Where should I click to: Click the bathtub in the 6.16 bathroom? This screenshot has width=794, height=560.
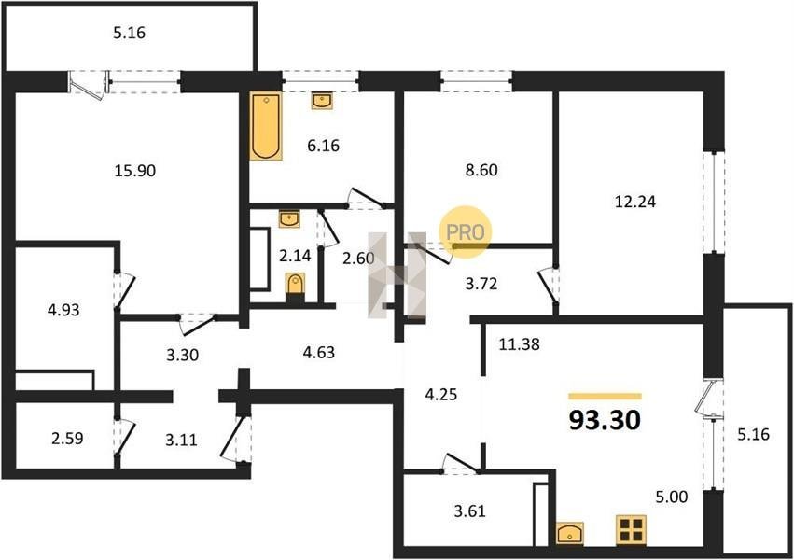coord(266,126)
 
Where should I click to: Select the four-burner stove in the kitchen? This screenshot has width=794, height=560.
coord(631,529)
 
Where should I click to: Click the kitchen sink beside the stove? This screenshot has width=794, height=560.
coord(570,533)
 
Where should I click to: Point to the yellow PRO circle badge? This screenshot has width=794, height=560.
coord(465,232)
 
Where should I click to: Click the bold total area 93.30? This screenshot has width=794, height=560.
coord(605,420)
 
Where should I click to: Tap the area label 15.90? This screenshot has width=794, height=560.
coord(135,171)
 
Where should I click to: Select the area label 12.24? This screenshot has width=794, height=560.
coord(635,202)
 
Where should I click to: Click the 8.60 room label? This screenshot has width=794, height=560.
coord(481,170)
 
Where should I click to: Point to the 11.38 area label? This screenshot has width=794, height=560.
coord(519,344)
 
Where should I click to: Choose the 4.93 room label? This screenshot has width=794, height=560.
coord(63,309)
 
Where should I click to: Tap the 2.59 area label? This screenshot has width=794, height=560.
coord(67,439)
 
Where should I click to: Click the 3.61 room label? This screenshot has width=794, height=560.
coord(469,511)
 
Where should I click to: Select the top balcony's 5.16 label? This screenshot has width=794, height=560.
coord(129,33)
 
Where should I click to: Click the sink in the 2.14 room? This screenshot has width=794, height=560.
coord(289,219)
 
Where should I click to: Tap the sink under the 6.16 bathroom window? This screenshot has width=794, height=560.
coord(322,100)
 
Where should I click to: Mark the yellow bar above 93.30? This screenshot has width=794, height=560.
coord(606,397)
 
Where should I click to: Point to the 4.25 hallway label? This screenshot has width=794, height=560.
coord(441,395)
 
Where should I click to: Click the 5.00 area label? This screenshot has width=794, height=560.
coord(672,497)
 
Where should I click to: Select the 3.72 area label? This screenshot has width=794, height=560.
coord(481,284)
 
